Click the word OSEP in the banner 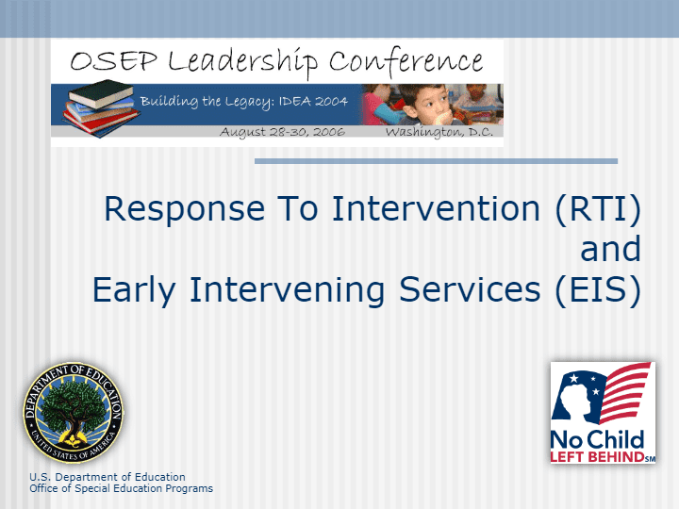(113, 60)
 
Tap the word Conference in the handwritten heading (406, 61)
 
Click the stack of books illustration (101, 108)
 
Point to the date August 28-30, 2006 (282, 132)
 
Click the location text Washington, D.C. (439, 132)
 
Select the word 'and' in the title (610, 249)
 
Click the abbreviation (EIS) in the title (598, 289)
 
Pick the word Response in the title (185, 210)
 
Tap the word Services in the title (470, 289)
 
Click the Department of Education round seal (73, 413)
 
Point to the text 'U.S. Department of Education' (108, 477)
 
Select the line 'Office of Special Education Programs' (122, 488)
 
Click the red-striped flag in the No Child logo (625, 392)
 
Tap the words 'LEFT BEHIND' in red (597, 456)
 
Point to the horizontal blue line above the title (436, 161)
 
